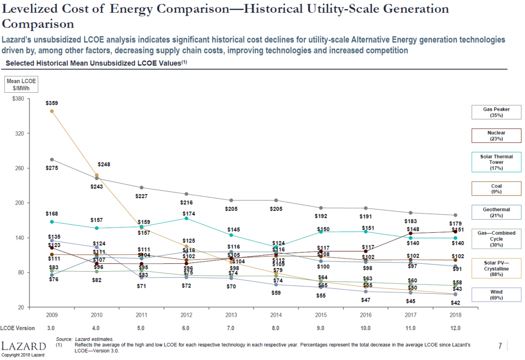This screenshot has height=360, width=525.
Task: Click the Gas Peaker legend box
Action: click(496, 112)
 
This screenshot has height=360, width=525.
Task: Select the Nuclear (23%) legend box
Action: click(496, 136)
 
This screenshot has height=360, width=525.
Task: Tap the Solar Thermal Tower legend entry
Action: click(496, 162)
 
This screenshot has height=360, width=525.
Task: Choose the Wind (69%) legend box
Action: click(496, 295)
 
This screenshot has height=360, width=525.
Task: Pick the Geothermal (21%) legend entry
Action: click(496, 213)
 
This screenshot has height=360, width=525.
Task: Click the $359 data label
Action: click(52, 103)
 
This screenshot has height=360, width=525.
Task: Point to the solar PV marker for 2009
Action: click(52, 111)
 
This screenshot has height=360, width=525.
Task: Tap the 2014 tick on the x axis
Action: click(276, 315)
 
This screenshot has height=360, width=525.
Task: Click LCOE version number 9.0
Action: click(321, 328)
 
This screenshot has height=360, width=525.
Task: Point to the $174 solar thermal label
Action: click(186, 213)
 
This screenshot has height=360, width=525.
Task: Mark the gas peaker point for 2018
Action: click(455, 215)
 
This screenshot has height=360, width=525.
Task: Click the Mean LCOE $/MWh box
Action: click(21, 84)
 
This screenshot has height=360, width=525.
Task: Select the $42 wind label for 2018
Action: click(455, 303)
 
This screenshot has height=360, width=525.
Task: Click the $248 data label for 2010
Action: click(104, 164)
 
